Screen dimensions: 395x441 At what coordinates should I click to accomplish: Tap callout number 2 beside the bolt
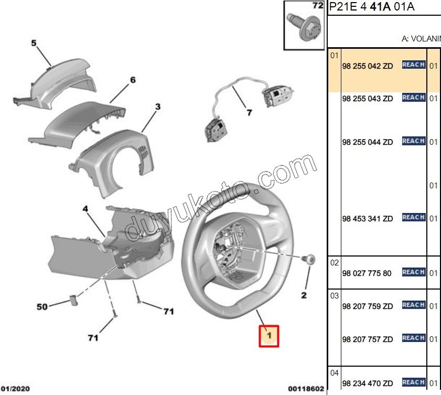point(304,295)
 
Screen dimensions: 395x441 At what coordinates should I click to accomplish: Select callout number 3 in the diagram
point(157,108)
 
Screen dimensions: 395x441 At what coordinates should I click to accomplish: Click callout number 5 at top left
point(34,44)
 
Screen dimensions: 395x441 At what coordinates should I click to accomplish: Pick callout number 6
point(133,80)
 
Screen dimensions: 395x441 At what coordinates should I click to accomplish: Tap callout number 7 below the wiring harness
point(249,112)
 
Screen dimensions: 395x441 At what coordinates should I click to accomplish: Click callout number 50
point(42,306)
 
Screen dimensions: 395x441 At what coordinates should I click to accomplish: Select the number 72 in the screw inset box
point(317,6)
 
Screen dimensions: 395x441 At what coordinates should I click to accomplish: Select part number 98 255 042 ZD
point(367,67)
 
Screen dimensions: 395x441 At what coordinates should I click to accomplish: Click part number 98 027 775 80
point(367,273)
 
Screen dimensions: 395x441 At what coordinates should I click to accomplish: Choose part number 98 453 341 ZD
point(367,219)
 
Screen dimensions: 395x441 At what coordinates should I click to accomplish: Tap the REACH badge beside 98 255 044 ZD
point(413,141)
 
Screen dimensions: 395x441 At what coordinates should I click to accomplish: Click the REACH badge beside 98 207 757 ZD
point(413,338)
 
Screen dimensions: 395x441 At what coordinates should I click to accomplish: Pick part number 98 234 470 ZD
point(367,383)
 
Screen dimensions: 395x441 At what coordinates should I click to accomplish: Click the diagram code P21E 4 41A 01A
point(371,7)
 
